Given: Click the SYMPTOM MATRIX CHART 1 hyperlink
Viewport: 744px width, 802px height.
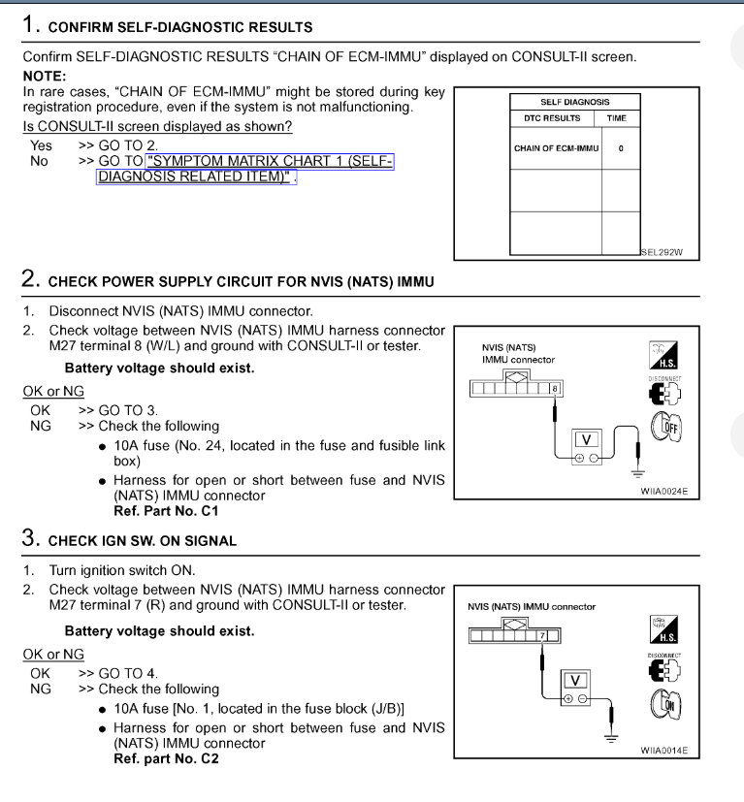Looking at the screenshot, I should pos(269,161).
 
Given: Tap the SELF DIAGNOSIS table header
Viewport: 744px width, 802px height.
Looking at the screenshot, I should pos(574,102).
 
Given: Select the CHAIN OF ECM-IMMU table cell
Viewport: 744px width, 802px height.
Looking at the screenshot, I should pos(556,148).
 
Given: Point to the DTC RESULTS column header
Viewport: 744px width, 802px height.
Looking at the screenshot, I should pos(556,118).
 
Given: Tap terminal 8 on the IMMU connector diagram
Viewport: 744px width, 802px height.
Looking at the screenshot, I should pos(554,388).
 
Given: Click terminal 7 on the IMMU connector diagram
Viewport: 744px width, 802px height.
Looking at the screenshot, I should pos(543,636).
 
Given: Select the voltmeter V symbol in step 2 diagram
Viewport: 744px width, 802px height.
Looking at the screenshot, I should pos(585,439).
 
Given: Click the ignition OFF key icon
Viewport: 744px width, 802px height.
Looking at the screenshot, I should pos(665,426).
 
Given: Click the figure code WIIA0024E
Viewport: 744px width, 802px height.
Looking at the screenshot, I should pos(663,492).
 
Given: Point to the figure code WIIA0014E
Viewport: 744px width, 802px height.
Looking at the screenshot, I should pos(663,750).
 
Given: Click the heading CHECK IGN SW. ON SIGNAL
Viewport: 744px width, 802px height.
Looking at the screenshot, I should pos(143,540).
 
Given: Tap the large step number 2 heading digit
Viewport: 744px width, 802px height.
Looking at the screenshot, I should pos(30,279).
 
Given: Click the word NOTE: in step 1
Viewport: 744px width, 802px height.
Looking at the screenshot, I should pos(45,76).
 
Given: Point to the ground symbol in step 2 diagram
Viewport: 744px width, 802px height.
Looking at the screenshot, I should pos(637,472).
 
